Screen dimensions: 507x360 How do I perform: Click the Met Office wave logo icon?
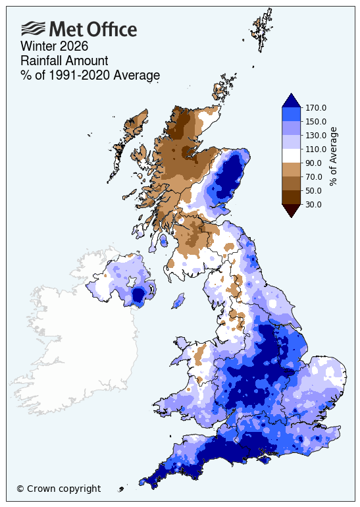34,28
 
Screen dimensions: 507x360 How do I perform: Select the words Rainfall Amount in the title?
59,61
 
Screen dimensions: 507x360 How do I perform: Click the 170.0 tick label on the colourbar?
315,107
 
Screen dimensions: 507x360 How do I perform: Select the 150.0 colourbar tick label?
315,121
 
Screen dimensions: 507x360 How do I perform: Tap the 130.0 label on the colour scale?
315,135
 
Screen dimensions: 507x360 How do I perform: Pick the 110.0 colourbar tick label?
315,149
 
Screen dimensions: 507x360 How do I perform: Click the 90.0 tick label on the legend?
313,163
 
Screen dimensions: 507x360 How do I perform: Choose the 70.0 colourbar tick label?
313,176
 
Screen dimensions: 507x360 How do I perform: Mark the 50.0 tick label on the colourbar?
313,190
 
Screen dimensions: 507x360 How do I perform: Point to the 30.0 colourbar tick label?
313,204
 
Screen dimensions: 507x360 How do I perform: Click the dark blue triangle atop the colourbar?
291,100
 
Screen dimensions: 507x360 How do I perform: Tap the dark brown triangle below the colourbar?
291,210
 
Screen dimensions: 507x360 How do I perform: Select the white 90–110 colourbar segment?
291,155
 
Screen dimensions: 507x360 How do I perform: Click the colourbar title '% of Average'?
334,156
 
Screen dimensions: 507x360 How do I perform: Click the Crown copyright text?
59,489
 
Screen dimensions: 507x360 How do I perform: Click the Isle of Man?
177,302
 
